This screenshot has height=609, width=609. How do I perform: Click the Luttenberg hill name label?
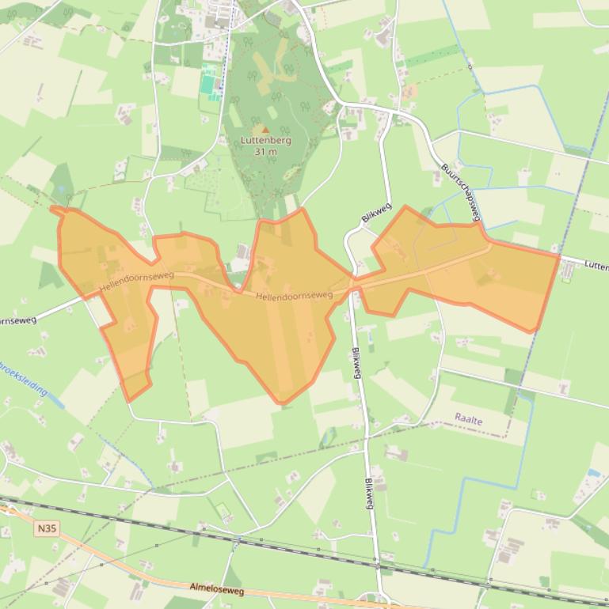tap(265, 140)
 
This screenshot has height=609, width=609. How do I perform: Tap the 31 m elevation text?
tap(265, 151)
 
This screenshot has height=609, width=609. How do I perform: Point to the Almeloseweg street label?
tap(216, 590)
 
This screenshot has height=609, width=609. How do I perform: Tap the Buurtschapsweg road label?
tap(461, 193)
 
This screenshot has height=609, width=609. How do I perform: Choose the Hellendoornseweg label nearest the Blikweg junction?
tap(294, 295)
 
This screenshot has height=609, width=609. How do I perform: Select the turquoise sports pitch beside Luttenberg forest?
tap(207, 80)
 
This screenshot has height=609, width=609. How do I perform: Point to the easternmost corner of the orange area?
tap(560, 255)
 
